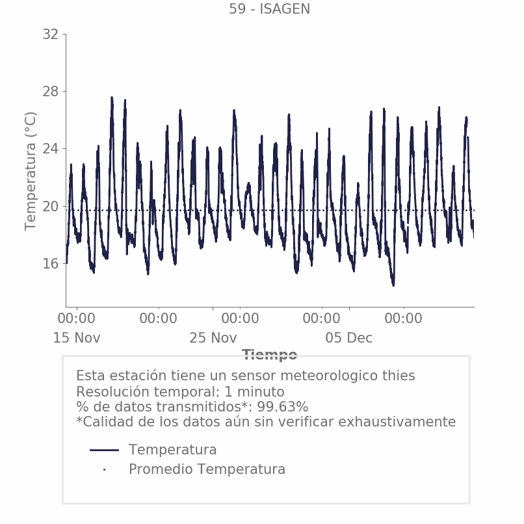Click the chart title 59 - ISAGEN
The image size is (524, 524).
[x=269, y=9]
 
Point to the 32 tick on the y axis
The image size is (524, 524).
[x=50, y=34]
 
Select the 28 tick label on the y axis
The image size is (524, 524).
[x=50, y=92]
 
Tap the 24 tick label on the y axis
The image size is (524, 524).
[x=50, y=149]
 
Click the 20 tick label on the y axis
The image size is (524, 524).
[x=50, y=206]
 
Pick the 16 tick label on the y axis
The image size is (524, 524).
[x=50, y=263]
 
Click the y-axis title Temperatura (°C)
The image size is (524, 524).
[x=31, y=170]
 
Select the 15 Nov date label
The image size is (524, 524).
[x=77, y=338]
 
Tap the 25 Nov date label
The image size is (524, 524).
[x=213, y=338]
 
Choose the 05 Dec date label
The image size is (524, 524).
[x=349, y=338]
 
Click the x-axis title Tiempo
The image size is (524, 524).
[x=269, y=355]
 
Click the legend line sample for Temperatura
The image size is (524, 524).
[x=104, y=450]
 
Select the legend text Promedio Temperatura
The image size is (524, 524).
[x=207, y=469]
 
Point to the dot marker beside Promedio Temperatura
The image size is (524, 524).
[x=104, y=469]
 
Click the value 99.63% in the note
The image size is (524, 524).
[x=282, y=407]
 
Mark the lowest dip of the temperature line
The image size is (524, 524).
[x=393, y=284]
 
